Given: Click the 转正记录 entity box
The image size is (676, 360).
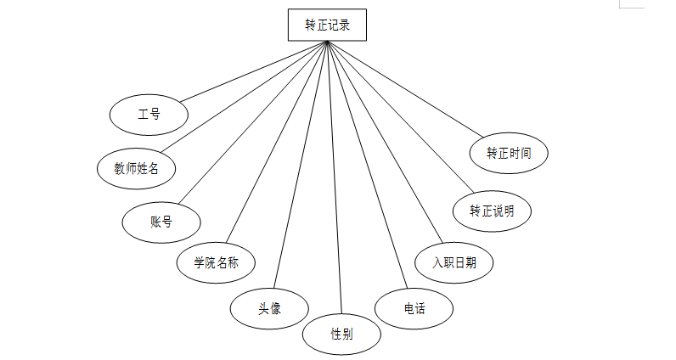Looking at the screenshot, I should (x=327, y=25).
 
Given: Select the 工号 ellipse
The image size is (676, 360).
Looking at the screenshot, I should (x=149, y=114).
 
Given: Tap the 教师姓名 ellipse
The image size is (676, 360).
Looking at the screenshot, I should (x=137, y=168).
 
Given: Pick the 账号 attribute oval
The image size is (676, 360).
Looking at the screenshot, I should (x=161, y=222).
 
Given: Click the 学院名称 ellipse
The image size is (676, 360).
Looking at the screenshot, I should (x=216, y=262).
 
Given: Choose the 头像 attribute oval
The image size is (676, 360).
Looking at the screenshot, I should (x=270, y=309).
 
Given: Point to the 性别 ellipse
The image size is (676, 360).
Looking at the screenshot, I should (x=341, y=334).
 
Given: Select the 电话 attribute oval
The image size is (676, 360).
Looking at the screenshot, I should (x=414, y=309).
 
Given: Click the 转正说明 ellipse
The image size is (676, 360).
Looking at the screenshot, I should (x=492, y=211).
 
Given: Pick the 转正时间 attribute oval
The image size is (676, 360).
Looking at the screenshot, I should (x=509, y=154).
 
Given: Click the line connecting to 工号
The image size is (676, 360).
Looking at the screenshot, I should (x=254, y=73).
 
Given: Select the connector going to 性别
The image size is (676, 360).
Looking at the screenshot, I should (x=334, y=178).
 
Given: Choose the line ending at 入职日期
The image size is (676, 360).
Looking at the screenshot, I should (x=384, y=143).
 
